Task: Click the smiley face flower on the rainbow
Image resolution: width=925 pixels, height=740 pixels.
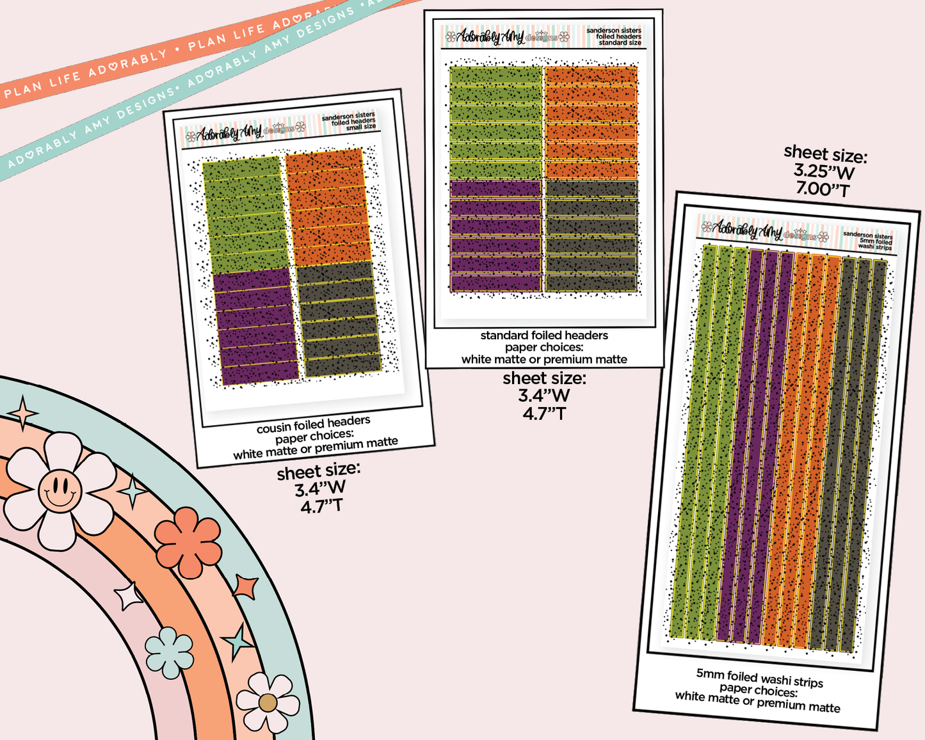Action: (x=60, y=491)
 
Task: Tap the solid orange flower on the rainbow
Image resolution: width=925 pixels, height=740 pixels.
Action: (x=188, y=542)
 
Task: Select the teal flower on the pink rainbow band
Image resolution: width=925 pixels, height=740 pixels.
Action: (x=169, y=652)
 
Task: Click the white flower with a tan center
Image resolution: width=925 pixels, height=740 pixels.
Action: (x=268, y=702)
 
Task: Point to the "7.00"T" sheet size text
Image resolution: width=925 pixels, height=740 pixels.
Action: (x=823, y=189)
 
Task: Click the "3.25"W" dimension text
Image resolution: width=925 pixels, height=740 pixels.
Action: (x=824, y=172)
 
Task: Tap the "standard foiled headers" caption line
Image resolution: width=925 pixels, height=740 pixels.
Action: (x=544, y=335)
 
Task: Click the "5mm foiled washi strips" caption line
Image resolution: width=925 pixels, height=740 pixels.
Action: (x=760, y=678)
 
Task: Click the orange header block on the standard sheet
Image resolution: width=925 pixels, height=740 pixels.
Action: (x=590, y=122)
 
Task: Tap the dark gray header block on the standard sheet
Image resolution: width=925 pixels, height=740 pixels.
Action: (x=590, y=236)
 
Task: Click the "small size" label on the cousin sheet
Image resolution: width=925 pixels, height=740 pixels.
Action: (x=362, y=127)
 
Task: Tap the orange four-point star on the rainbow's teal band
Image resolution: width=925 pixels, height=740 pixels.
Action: (x=246, y=586)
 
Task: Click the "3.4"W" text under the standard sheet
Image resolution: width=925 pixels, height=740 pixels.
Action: (x=543, y=396)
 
